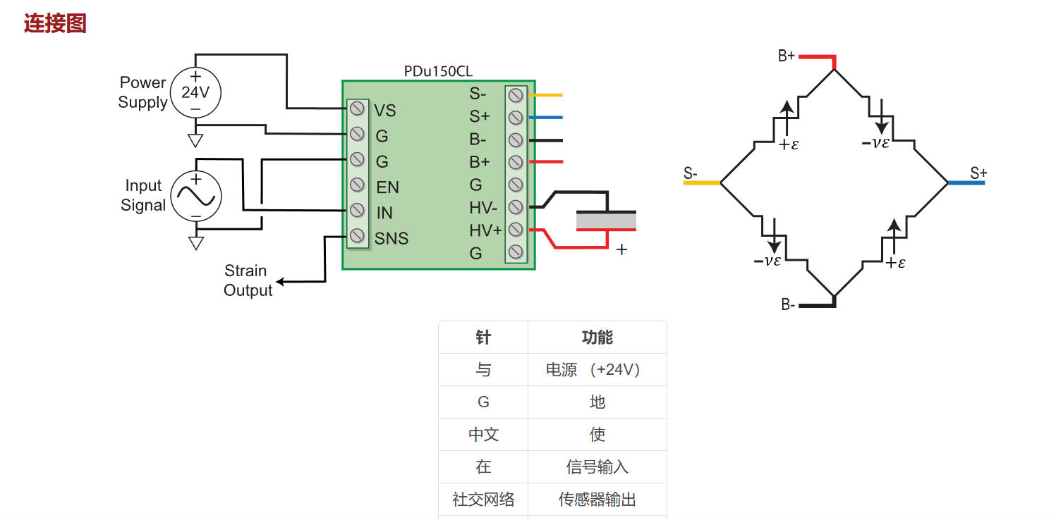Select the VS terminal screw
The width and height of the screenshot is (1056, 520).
click(358, 109)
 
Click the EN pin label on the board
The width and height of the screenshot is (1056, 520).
click(387, 187)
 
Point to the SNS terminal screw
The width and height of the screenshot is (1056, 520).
click(358, 235)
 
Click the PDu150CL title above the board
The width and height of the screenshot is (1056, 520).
click(438, 71)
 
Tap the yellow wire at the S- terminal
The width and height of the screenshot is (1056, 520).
click(546, 95)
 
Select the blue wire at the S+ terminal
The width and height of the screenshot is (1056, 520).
click(546, 117)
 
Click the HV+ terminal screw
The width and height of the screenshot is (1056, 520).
click(516, 230)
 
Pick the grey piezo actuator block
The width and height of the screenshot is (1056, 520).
click(606, 221)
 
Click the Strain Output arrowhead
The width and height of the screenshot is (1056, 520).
click(281, 282)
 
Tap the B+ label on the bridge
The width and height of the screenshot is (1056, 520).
click(786, 56)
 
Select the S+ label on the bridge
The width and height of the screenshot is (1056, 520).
click(978, 173)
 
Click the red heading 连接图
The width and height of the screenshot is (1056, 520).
click(55, 23)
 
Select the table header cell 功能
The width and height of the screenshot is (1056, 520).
click(597, 338)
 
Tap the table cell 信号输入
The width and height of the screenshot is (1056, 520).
click(597, 466)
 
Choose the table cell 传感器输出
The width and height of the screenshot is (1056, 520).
click(597, 500)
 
